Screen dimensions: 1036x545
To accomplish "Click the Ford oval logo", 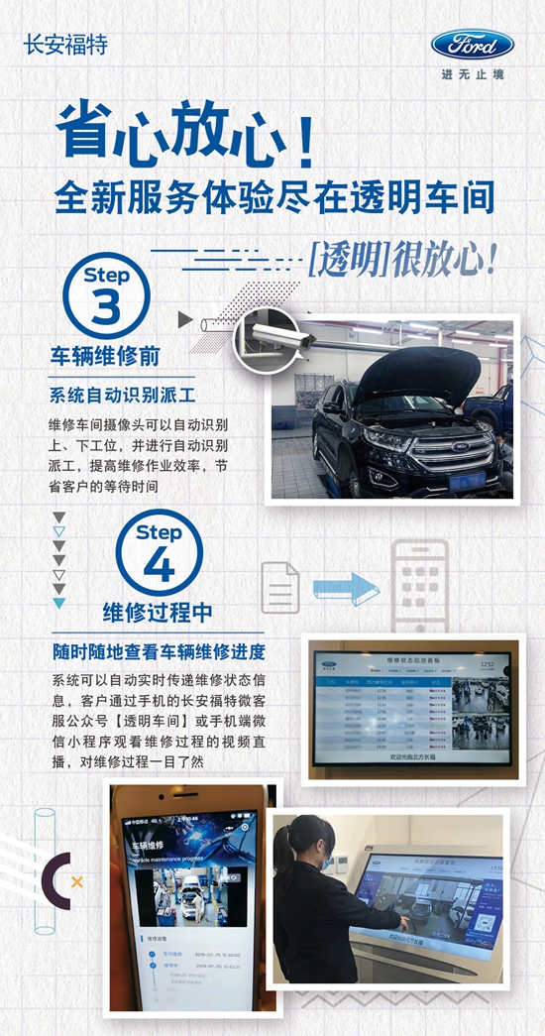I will [472, 45].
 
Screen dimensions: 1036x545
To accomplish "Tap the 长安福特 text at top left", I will [65, 45].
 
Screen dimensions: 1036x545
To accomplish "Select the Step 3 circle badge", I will [107, 296].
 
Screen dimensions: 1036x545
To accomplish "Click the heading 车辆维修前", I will [105, 355].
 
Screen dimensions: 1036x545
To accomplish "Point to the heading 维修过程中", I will [158, 612].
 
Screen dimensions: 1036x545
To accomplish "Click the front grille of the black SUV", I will [451, 453].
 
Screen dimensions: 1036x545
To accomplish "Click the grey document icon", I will [279, 586].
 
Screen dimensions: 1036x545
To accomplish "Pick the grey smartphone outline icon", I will [420, 586].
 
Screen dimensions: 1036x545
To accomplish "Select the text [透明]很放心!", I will [401, 261].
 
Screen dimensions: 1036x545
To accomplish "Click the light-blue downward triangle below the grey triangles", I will [59, 603].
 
